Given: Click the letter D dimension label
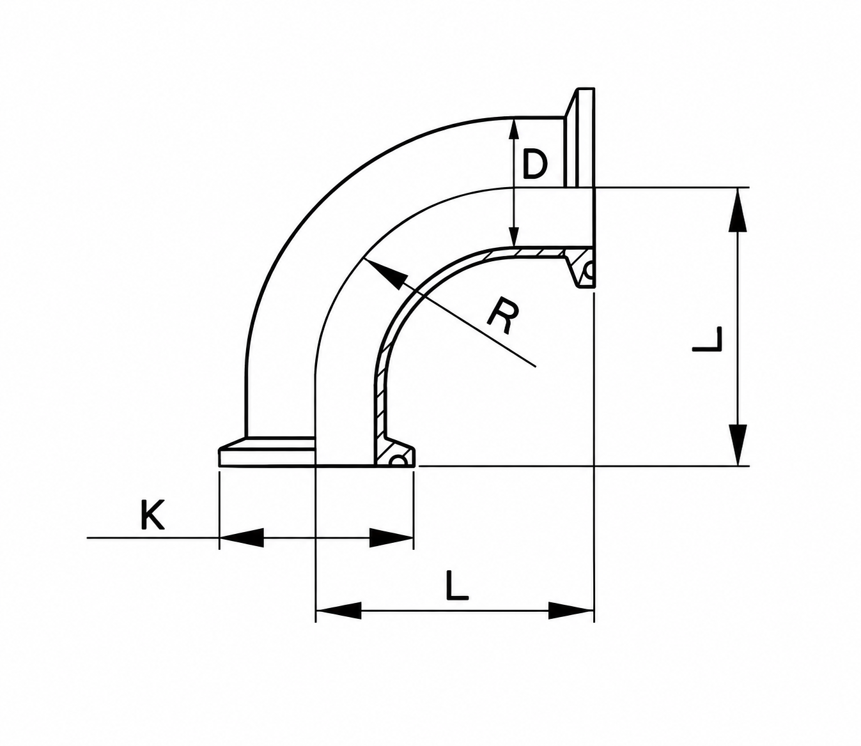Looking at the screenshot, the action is tap(534, 164).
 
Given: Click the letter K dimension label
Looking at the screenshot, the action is tap(152, 515).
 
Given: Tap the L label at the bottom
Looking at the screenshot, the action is tap(457, 586).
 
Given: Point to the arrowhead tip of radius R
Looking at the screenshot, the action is tap(364, 259).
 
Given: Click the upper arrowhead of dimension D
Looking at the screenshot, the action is tap(515, 119).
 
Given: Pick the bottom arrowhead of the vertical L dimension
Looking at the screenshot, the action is tap(738, 466).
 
